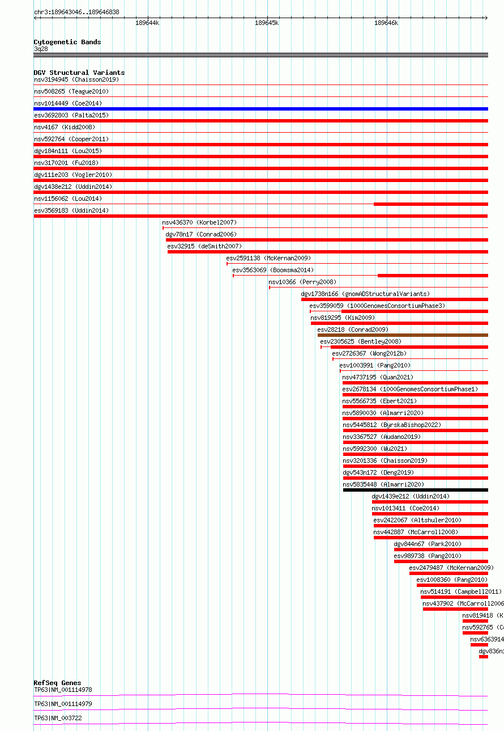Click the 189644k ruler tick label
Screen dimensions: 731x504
point(147,23)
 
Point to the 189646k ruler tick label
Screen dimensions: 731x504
point(386,23)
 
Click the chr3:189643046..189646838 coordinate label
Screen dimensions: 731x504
point(76,12)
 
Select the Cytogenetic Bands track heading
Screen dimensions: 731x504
point(67,42)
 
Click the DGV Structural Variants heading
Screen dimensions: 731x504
point(79,73)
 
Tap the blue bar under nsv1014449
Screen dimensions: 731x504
point(260,109)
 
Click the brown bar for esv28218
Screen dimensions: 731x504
point(403,335)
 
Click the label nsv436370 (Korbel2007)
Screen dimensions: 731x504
point(199,223)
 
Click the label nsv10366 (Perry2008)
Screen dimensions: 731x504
point(302,282)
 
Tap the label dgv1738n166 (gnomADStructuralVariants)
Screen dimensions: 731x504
point(365,294)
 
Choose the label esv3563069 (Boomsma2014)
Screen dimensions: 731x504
point(273,270)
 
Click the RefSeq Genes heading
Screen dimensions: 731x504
point(57,683)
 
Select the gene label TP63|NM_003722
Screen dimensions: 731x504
point(58,718)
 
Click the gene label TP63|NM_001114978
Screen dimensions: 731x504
point(63,690)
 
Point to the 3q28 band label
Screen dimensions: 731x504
point(41,49)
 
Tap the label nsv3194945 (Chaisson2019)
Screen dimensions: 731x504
point(76,79)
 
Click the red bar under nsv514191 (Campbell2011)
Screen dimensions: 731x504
point(454,597)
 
